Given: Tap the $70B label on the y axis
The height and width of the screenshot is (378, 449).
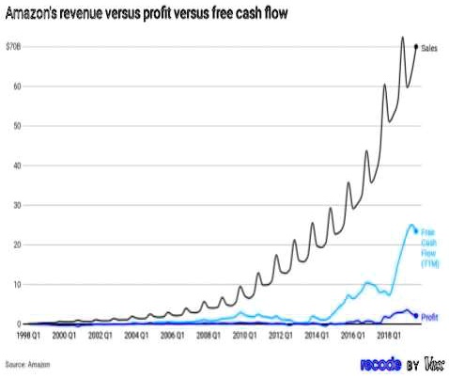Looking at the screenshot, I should coord(13,46).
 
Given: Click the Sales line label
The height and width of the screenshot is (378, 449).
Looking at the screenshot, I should coord(430,47).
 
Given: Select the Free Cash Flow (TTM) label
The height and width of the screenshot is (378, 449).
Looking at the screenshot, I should coord(428,247).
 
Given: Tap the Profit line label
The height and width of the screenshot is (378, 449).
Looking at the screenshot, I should coord(429,316).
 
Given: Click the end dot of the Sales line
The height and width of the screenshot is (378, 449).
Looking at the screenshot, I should coord(416,47).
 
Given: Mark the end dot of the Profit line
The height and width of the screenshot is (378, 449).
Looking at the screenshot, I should coord(416,315).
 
